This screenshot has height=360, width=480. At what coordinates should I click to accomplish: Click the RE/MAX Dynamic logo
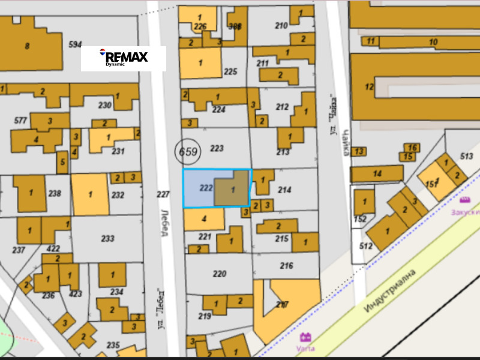(x=123, y=58)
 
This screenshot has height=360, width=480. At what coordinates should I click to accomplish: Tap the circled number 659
(x=188, y=152)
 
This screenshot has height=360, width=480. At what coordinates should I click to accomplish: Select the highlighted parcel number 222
(x=206, y=188)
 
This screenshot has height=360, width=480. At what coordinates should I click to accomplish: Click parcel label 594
(x=75, y=44)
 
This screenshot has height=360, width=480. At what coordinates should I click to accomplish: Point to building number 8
(x=26, y=46)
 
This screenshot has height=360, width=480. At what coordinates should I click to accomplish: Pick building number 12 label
(x=369, y=86)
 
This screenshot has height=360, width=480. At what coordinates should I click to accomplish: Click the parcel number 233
(x=107, y=238)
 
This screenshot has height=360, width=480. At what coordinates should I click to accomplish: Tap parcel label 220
(x=220, y=274)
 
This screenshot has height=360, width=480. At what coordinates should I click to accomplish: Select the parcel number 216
(x=286, y=265)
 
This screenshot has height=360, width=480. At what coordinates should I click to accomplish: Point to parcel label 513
(x=466, y=156)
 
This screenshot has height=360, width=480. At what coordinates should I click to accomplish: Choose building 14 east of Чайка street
(x=377, y=174)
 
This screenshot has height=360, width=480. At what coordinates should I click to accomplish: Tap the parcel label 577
(x=20, y=121)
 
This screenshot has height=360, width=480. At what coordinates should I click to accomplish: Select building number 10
(x=433, y=41)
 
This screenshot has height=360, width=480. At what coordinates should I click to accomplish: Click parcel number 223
(x=217, y=148)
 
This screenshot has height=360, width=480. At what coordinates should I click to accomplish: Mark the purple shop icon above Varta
(x=304, y=337)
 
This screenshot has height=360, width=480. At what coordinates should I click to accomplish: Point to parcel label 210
(x=281, y=25)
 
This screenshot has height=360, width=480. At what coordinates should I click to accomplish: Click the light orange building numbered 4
(x=204, y=218)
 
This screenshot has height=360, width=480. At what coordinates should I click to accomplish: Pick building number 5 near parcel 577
(x=62, y=162)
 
